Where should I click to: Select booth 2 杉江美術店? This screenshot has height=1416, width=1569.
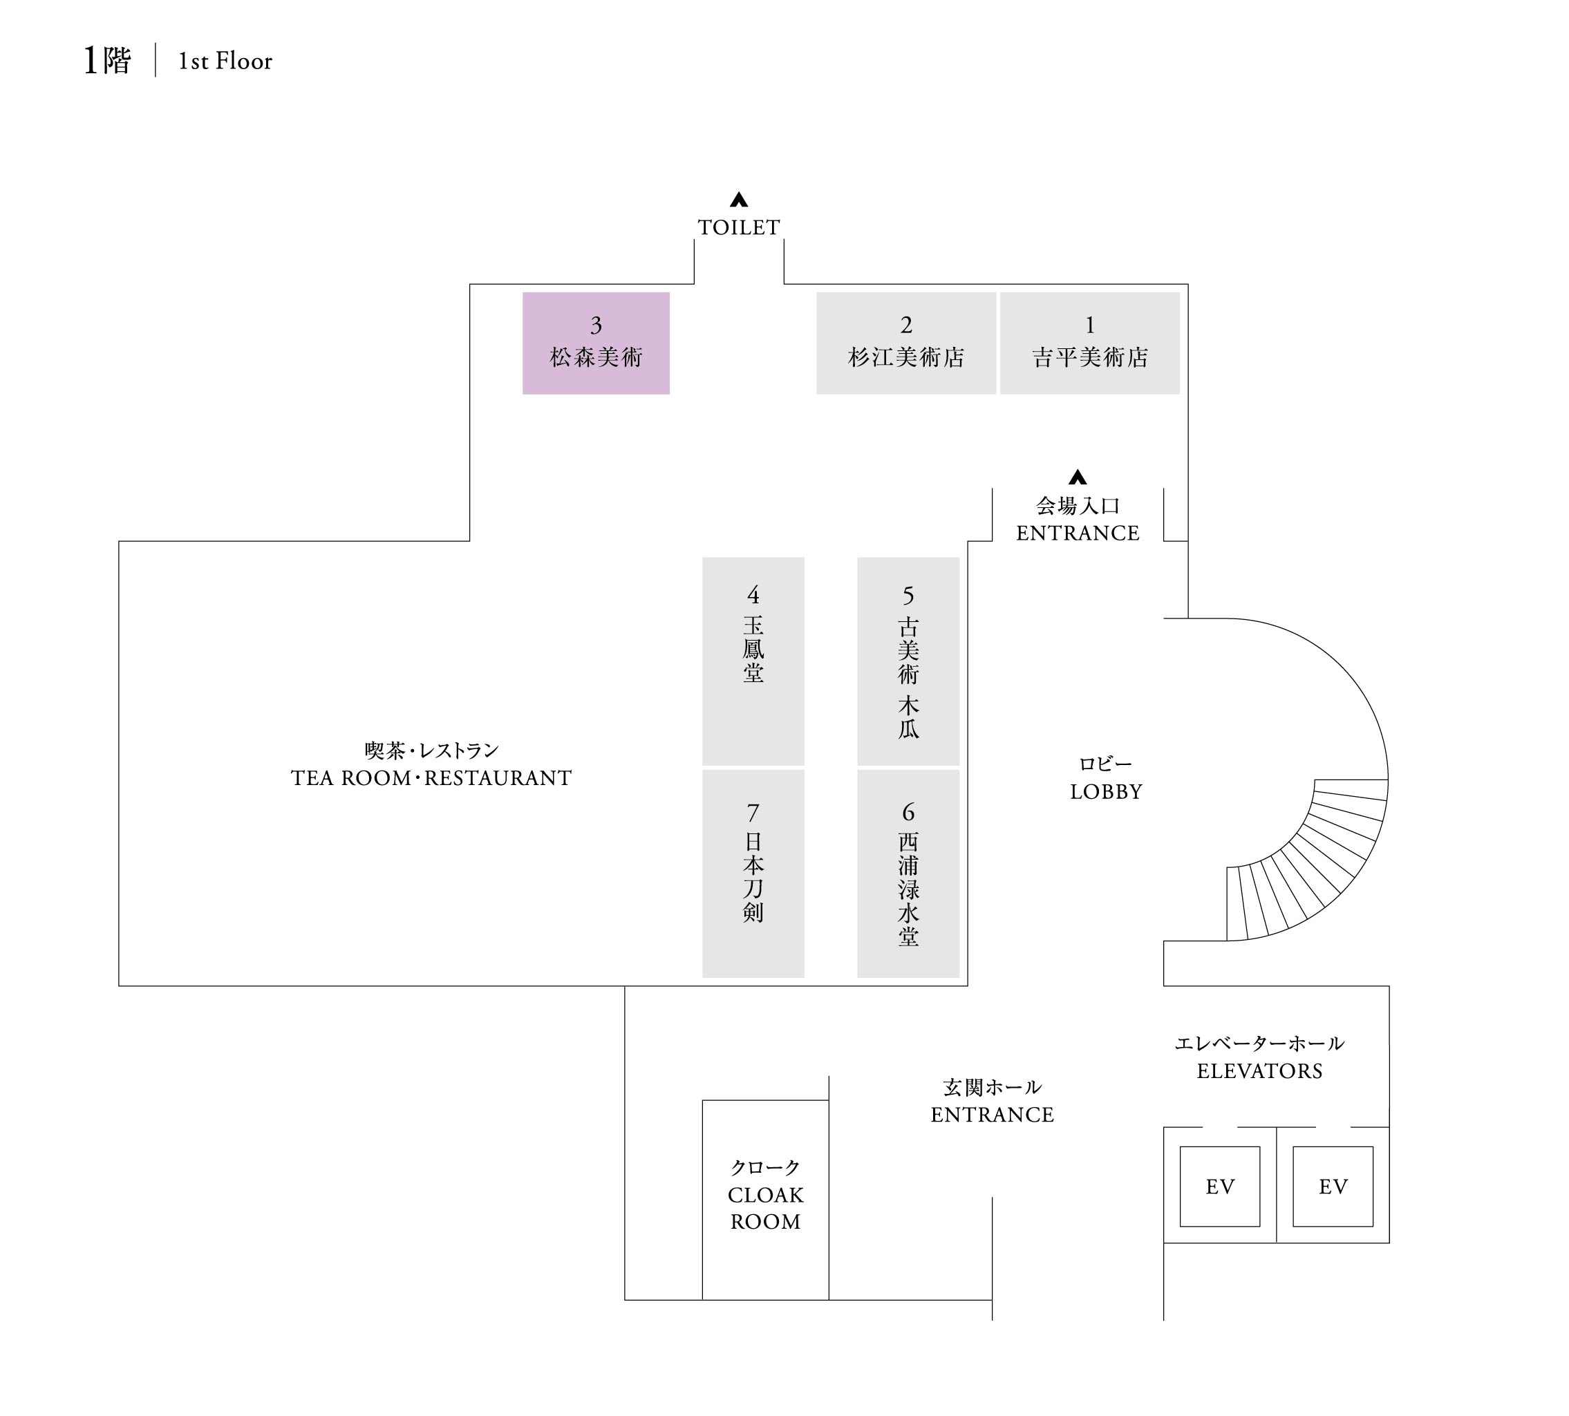click(x=906, y=343)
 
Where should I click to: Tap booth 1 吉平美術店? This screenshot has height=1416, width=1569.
click(x=1089, y=343)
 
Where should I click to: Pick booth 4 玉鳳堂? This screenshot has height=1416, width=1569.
click(x=753, y=661)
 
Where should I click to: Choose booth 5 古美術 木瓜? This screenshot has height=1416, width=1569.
click(x=908, y=661)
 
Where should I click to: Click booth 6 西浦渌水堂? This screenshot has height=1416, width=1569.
click(x=908, y=873)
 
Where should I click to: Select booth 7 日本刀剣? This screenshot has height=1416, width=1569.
click(x=753, y=873)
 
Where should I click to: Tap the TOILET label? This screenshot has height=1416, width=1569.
click(x=739, y=227)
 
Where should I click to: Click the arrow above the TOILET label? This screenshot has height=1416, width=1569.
click(x=739, y=200)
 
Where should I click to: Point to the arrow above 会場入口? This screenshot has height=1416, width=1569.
click(x=1077, y=477)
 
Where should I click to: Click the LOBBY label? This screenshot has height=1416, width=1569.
click(x=1106, y=791)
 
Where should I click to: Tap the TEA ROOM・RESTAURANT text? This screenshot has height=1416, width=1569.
click(x=431, y=777)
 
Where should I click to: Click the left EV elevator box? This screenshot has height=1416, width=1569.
click(x=1219, y=1187)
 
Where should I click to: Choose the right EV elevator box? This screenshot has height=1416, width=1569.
click(x=1333, y=1187)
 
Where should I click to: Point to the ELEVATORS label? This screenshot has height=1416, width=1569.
click(x=1259, y=1070)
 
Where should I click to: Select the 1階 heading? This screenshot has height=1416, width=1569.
click(x=107, y=61)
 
